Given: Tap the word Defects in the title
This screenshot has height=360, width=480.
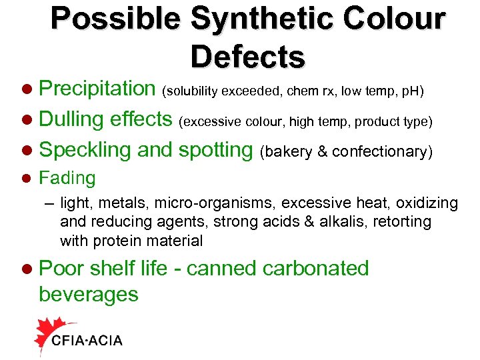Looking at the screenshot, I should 248,57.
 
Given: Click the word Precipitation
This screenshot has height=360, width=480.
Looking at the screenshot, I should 97,88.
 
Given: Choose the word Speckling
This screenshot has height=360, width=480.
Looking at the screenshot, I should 85,150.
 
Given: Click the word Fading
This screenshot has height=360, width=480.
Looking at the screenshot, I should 67,178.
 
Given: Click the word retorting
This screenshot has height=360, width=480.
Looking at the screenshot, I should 408,221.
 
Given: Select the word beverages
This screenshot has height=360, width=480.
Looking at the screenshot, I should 89,294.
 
